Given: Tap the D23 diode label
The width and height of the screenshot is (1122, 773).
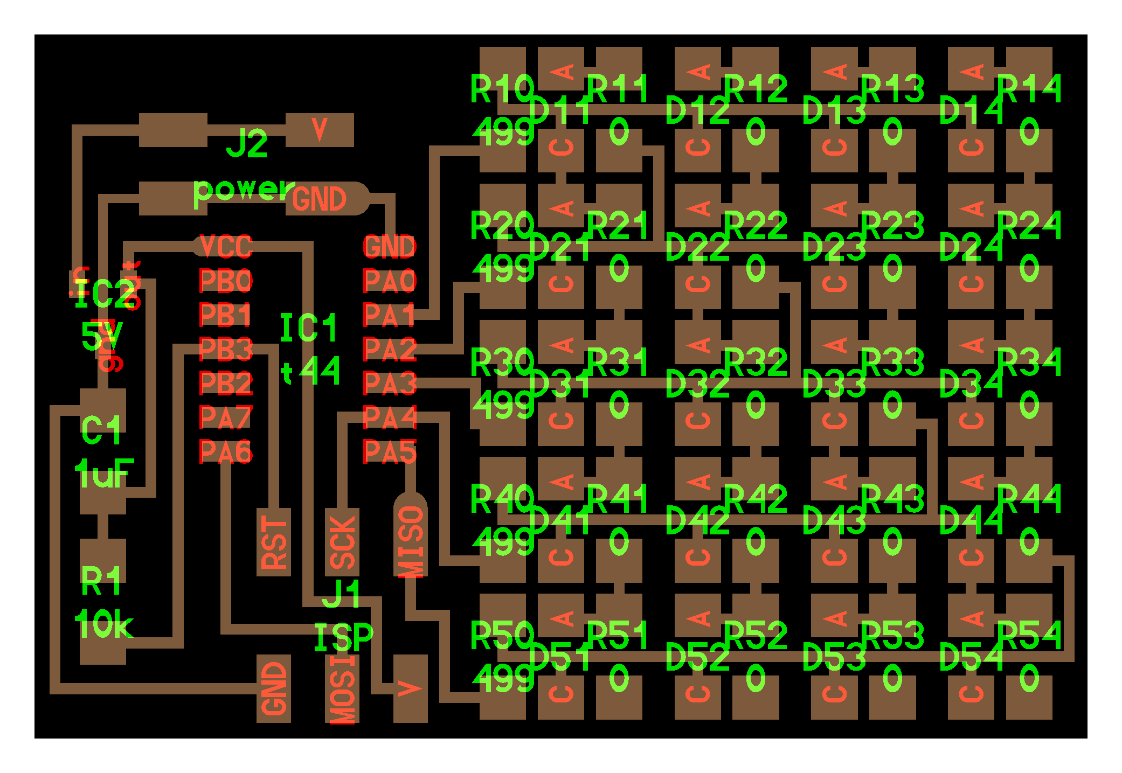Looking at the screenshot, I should (x=834, y=248).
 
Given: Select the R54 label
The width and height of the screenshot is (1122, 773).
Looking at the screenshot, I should (x=1029, y=635).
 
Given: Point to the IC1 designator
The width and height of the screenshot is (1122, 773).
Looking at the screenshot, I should (x=309, y=328).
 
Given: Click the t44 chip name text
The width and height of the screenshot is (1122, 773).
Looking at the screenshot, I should (x=311, y=371).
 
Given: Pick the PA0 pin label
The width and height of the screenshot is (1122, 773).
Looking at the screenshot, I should (x=390, y=281).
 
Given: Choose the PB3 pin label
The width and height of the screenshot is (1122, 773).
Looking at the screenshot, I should (x=226, y=350).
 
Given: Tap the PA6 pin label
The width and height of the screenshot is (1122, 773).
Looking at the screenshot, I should (x=226, y=451).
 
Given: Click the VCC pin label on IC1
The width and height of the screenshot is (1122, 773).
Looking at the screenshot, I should (x=226, y=247).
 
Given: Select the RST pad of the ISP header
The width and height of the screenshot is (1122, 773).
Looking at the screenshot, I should (x=274, y=542).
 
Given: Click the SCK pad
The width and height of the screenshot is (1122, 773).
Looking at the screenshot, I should (x=342, y=542).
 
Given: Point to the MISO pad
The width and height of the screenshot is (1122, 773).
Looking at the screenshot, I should (x=411, y=541).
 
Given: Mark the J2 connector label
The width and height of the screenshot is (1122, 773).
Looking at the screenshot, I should (x=247, y=144).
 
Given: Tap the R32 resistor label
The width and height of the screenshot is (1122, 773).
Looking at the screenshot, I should (x=755, y=362).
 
